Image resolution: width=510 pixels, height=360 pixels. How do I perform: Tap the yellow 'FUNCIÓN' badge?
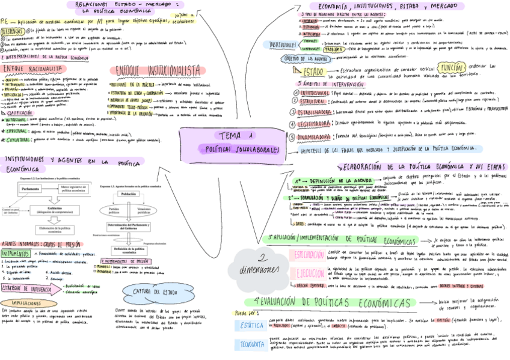(x=449, y=69)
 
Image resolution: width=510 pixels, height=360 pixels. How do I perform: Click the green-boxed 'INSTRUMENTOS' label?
(x=17, y=254)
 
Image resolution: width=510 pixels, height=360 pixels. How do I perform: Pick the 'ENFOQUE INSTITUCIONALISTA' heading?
(x=158, y=70)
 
